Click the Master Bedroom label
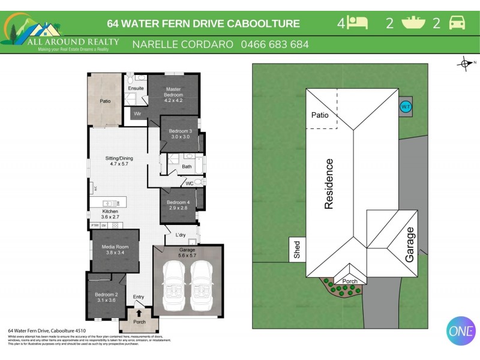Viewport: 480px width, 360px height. coord(173,92)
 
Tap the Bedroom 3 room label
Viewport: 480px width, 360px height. coord(180,133)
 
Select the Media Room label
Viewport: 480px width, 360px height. coord(114,250)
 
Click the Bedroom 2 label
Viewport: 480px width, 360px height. coord(106,296)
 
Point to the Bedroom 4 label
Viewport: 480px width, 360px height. coord(179,205)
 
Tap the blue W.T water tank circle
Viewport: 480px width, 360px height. coord(405,107)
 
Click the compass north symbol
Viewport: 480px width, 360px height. coord(465,63)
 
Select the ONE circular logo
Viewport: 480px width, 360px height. coord(461,331)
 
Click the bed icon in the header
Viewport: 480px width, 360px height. coord(358,23)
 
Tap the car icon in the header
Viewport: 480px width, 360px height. coord(457,23)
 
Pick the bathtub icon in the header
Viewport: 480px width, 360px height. coord(413,23)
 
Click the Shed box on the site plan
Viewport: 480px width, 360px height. coord(297,249)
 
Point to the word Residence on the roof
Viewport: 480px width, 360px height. coord(329,184)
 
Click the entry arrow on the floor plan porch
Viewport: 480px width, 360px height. coord(139,313)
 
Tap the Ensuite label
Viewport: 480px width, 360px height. coord(136,89)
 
